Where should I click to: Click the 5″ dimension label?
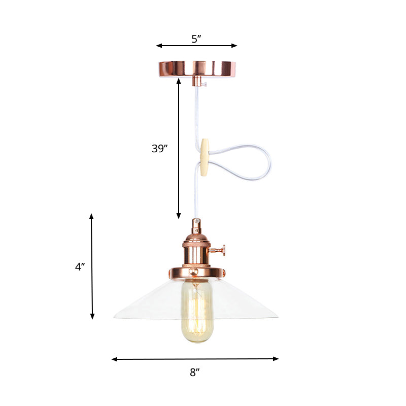click(x=196, y=39)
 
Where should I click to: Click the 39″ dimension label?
click(x=159, y=149)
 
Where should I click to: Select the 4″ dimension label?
click(x=80, y=266)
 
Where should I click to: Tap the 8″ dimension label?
click(x=195, y=373)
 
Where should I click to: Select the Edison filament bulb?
click(x=197, y=310)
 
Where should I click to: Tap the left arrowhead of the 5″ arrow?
click(x=158, y=46)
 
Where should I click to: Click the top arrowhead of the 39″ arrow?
click(x=179, y=80)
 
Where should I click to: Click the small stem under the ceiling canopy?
click(x=196, y=81)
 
